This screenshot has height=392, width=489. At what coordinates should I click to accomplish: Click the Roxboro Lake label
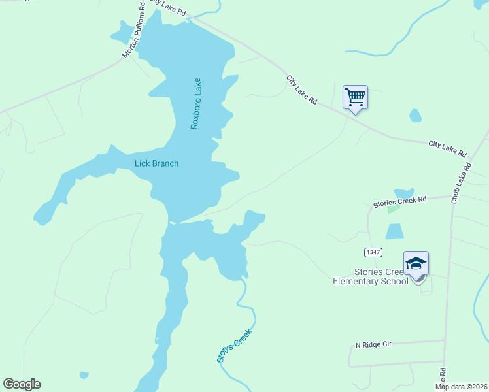194,103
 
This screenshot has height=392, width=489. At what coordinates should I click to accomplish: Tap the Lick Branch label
156,163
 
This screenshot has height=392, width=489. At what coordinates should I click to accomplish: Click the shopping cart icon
355,97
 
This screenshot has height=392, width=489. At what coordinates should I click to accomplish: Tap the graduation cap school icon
416,263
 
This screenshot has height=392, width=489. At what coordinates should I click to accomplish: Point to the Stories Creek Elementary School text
373,276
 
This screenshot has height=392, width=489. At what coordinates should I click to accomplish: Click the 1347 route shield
373,252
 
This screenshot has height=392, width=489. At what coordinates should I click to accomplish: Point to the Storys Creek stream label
233,346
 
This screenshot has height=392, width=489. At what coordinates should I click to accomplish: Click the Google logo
22,384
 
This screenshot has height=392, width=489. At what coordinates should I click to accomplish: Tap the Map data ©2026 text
460,387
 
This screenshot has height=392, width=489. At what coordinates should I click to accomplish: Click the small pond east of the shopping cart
415,116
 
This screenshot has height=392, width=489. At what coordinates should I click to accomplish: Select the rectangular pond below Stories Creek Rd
394,231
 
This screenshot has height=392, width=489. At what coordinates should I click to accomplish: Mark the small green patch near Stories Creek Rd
392,209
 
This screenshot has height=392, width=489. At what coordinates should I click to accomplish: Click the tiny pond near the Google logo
84,375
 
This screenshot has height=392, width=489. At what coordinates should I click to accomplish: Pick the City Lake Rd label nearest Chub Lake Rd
448,149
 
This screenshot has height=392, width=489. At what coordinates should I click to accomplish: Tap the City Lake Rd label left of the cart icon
301,90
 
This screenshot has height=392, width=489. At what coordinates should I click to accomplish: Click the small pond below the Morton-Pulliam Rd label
122,32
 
